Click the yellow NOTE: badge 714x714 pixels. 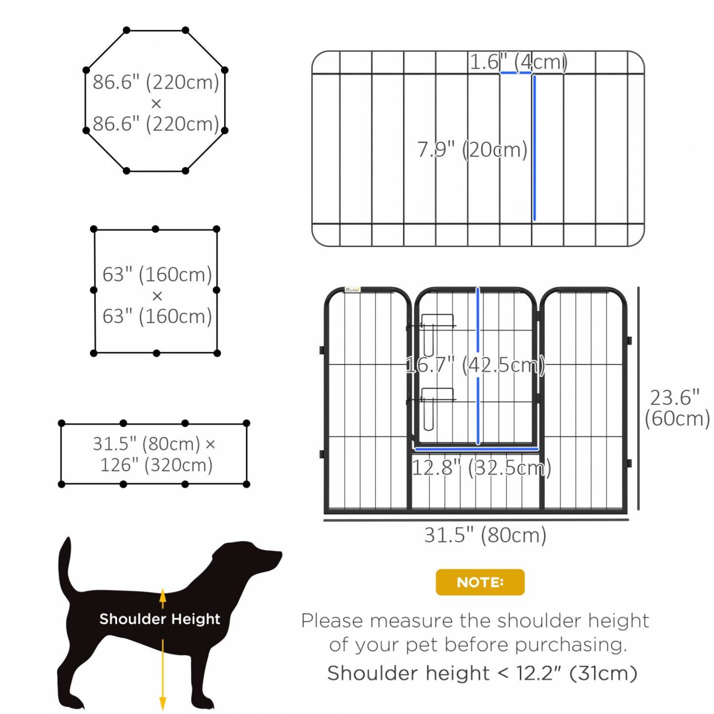coord(480,582)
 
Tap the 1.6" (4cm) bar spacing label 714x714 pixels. coord(518,62)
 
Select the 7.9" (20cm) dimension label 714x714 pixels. coord(472,149)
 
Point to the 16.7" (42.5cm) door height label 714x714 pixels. coord(475,365)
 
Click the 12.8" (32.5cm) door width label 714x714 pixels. coord(481,467)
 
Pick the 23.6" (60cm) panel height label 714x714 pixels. coord(676,408)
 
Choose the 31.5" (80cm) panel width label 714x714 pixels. coord(485,535)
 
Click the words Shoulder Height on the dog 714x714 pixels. coord(160,619)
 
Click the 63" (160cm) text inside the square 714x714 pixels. coord(157,274)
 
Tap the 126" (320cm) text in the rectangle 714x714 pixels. coord(156,465)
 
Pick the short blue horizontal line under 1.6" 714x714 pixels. coord(516,73)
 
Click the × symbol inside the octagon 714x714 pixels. coord(156,104)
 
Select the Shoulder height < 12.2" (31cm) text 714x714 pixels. coord(482,673)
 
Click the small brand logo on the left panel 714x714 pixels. coord(352,290)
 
